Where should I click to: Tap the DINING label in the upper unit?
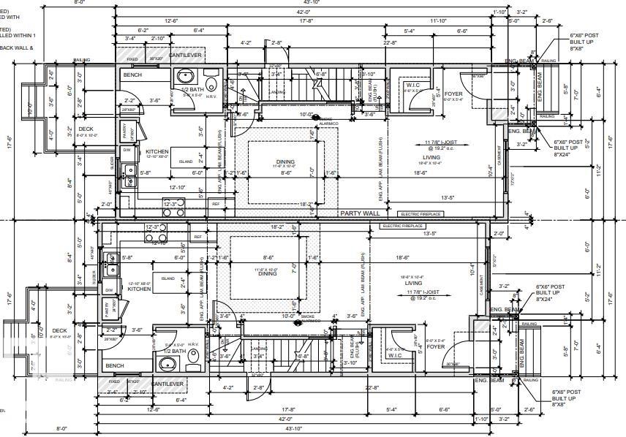click(285, 161)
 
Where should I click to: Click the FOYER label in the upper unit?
click(453, 94)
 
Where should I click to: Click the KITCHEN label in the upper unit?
click(156, 151)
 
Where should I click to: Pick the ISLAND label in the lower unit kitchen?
click(168, 278)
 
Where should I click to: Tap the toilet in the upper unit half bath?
click(212, 83)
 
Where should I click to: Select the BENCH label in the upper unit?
click(132, 75)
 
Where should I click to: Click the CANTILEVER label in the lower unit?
click(167, 383)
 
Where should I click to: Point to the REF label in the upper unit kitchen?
click(216, 204)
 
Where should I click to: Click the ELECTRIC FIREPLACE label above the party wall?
click(420, 214)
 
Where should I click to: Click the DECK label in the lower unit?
click(60, 330)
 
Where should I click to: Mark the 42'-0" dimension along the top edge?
click(303, 12)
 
